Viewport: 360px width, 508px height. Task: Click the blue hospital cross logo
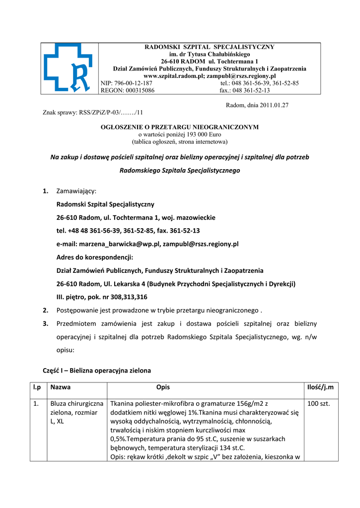click(x=67, y=68)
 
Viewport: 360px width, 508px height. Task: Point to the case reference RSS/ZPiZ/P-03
click(x=101, y=113)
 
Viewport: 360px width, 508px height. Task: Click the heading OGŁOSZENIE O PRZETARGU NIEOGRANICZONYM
click(x=180, y=127)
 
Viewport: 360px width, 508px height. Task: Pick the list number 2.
click(x=45, y=311)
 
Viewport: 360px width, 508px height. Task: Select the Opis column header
click(x=163, y=387)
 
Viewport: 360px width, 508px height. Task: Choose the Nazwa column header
click(x=61, y=387)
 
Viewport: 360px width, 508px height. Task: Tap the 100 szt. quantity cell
click(x=318, y=404)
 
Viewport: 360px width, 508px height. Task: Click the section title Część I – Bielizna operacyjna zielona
click(x=97, y=370)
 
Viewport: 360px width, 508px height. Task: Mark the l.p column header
click(x=37, y=387)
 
